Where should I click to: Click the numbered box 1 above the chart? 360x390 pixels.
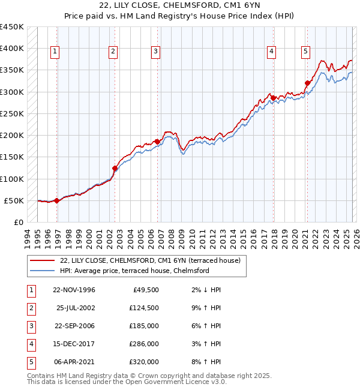[55, 52]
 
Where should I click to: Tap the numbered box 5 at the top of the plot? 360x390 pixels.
[305, 52]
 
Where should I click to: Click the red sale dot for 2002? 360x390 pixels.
[115, 169]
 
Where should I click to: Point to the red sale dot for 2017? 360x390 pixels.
[273, 98]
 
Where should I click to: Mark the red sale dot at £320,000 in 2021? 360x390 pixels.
[307, 83]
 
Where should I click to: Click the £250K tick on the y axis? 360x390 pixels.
[12, 113]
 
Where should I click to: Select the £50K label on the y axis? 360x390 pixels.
[14, 200]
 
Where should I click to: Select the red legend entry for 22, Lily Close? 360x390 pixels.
[150, 260]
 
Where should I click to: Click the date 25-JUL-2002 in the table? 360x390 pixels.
[75, 308]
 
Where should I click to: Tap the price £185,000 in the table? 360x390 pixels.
[144, 326]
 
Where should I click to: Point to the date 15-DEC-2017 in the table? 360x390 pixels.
[74, 344]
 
